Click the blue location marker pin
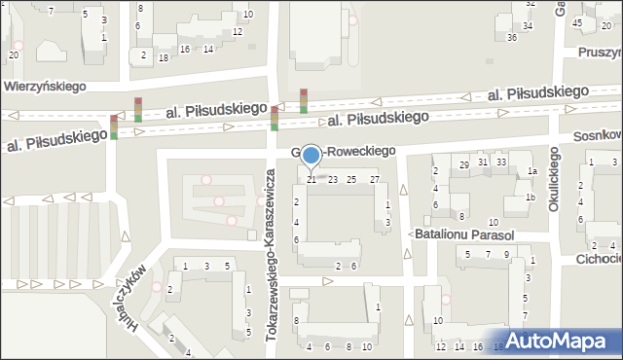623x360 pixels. pos(311,155)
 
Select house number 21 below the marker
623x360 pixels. pos(311,179)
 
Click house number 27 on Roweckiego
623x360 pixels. pos(375,179)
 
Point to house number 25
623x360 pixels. pos(351,179)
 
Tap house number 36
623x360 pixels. pos(512,38)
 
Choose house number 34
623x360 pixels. pos(528,25)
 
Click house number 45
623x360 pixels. pos(578,22)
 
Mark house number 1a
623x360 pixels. pos(532,171)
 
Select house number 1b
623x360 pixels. pos(531,198)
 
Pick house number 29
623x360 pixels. pos(464,165)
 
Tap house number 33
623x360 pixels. pos(501,162)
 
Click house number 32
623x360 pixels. pos(531,4)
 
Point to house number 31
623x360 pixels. pos(483,162)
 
